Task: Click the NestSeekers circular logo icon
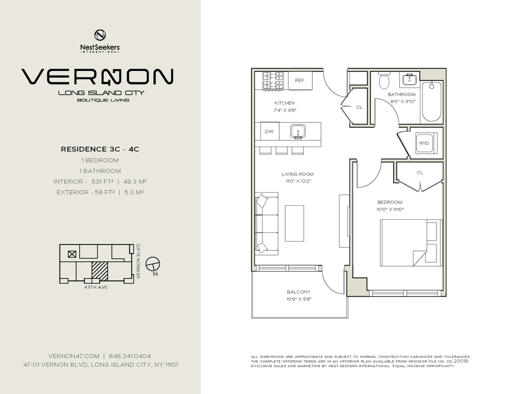pyautogui.click(x=100, y=35)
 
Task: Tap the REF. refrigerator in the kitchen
pyautogui.click(x=300, y=80)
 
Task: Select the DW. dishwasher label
pyautogui.click(x=269, y=132)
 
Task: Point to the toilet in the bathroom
pyautogui.click(x=384, y=80)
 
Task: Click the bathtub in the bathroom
pyautogui.click(x=431, y=102)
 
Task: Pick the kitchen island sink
pyautogui.click(x=298, y=131)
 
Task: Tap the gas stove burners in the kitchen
pyautogui.click(x=273, y=80)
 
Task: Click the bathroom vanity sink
pyautogui.click(x=410, y=79)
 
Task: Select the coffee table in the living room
pyautogui.click(x=294, y=223)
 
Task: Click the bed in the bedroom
pyautogui.click(x=411, y=243)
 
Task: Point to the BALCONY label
pyautogui.click(x=298, y=292)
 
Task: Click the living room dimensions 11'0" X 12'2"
pyautogui.click(x=298, y=181)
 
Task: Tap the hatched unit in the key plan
pyautogui.click(x=100, y=271)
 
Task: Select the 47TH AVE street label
pyautogui.click(x=96, y=287)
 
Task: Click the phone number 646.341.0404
pyautogui.click(x=130, y=356)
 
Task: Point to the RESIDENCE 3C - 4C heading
pyautogui.click(x=100, y=149)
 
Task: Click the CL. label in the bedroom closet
pyautogui.click(x=420, y=173)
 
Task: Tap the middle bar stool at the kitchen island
pyautogui.click(x=282, y=150)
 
